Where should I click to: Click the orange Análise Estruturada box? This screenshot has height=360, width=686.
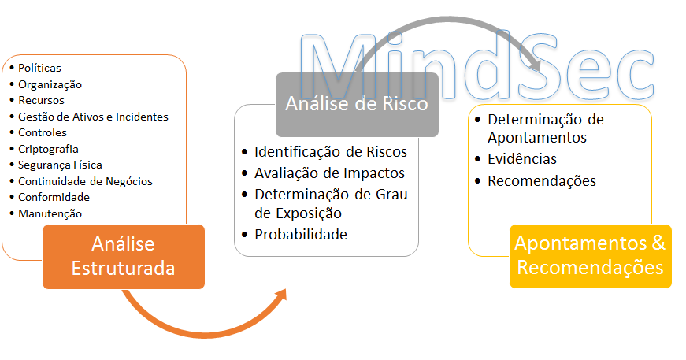tap(124, 256)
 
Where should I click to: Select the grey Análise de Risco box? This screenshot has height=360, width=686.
tap(357, 105)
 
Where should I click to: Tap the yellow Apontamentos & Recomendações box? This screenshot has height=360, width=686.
tap(590, 256)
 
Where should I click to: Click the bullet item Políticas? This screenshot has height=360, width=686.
tap(39, 68)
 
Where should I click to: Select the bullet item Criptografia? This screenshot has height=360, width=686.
tap(48, 149)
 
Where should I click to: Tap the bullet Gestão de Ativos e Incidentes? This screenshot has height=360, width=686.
tap(93, 117)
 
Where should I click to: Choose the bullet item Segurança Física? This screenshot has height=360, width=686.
tap(60, 165)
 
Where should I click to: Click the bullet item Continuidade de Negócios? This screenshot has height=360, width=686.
tap(85, 181)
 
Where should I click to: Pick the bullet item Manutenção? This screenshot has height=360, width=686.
tap(50, 213)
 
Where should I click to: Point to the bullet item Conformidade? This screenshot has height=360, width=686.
tap(54, 197)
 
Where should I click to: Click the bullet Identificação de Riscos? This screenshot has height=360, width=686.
tap(331, 152)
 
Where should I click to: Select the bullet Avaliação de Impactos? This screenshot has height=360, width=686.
tap(329, 173)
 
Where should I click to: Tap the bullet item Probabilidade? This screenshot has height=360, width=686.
tap(301, 235)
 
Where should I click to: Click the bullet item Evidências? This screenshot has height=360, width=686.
tap(522, 159)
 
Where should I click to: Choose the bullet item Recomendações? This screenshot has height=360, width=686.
tap(542, 180)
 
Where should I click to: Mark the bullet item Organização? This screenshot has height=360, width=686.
tap(50, 84)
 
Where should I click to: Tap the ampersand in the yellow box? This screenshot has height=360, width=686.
tap(658, 243)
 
